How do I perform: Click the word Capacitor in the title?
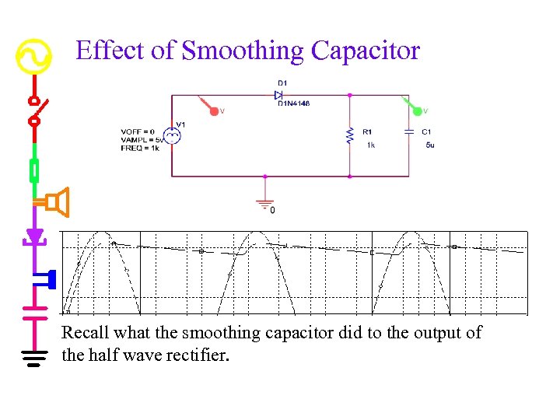click(366, 51)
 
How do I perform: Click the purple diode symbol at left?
click(33, 236)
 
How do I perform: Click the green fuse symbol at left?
click(34, 169)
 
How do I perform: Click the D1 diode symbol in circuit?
click(278, 95)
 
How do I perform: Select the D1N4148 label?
click(293, 103)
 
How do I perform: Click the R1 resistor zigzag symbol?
click(349, 135)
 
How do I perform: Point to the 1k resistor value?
click(371, 145)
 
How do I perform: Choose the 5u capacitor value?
click(430, 145)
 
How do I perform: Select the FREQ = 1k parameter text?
click(140, 148)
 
